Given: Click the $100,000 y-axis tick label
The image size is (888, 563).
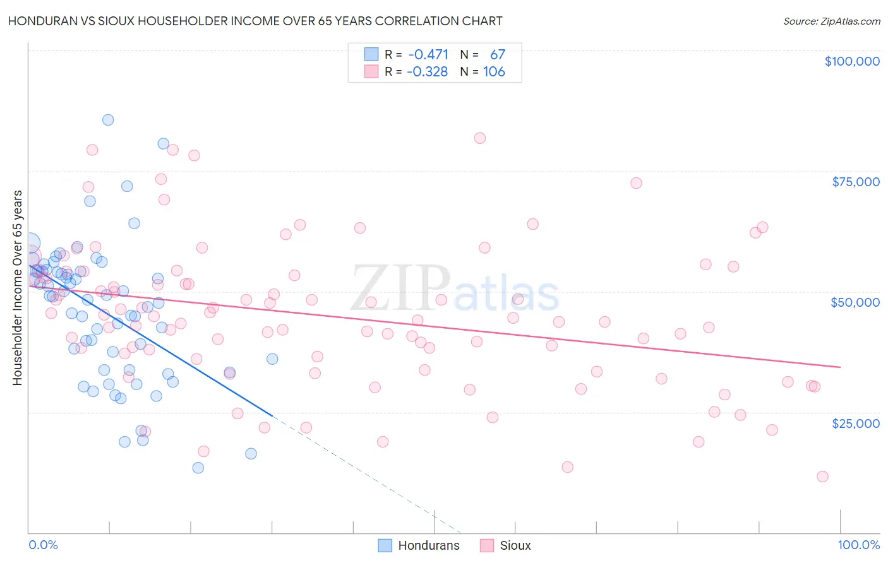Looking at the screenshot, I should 852,61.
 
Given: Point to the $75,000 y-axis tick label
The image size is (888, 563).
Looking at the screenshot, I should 856,182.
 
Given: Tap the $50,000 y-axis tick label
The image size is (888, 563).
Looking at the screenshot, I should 855,302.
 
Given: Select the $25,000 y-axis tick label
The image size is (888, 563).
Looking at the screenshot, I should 856,424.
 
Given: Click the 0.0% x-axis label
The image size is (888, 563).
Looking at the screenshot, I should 43,545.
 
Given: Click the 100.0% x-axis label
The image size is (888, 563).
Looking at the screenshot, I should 858,545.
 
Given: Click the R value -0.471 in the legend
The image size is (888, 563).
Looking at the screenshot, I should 428,54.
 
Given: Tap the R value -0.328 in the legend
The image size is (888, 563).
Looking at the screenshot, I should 427,72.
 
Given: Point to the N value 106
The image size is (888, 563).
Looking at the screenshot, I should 494,72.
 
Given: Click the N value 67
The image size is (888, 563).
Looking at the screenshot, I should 498,54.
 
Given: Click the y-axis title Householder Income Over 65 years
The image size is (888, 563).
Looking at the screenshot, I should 17,288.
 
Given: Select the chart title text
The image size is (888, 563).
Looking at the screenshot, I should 255,21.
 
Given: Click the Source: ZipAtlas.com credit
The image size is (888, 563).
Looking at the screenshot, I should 831,21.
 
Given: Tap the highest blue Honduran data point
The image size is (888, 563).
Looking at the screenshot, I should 108,120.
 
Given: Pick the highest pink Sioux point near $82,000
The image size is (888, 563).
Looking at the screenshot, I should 480,138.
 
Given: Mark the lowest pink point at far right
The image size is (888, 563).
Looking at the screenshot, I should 822,477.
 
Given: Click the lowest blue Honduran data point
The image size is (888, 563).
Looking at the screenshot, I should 198,468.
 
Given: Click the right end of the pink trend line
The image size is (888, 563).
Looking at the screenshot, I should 840,367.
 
